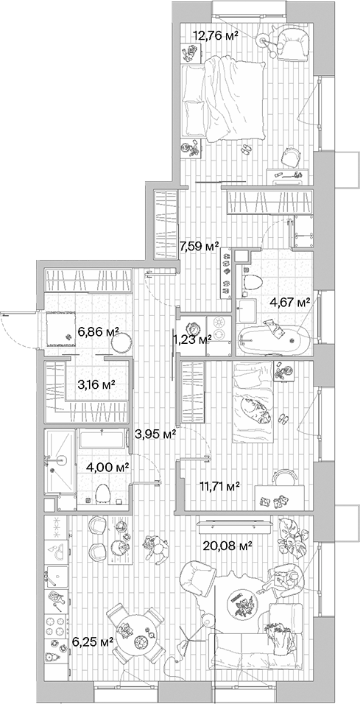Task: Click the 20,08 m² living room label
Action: (x=228, y=546)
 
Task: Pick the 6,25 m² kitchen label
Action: (x=92, y=641)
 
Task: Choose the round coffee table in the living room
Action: (x=241, y=606)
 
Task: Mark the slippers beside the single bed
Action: (x=283, y=420)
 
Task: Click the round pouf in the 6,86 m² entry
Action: (x=124, y=341)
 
